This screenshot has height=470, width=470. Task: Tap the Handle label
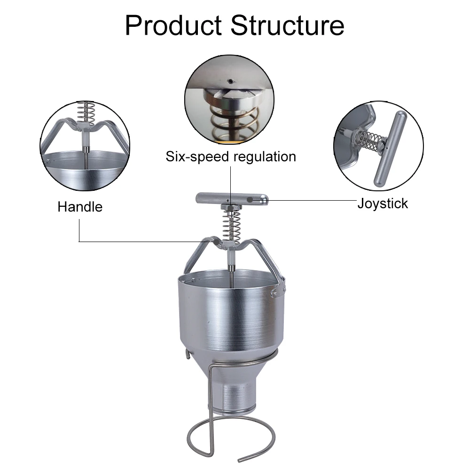pyautogui.click(x=80, y=207)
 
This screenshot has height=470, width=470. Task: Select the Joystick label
pyautogui.click(x=383, y=204)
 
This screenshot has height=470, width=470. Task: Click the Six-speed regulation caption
pyautogui.click(x=231, y=157)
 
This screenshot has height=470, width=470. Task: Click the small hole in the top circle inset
pyautogui.click(x=230, y=81)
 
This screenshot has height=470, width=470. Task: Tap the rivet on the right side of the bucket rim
pyautogui.click(x=273, y=294)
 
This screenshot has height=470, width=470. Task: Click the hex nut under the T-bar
pyautogui.click(x=231, y=207)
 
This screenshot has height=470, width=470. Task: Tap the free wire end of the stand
pyautogui.click(x=241, y=460)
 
